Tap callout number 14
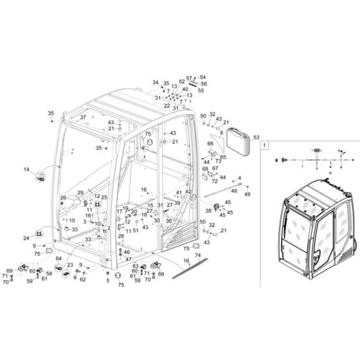(27, 169)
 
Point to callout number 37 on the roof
(82, 118)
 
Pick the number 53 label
(256, 137)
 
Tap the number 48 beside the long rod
(234, 190)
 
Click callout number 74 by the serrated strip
(180, 255)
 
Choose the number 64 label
(59, 259)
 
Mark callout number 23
(70, 264)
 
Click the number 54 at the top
(204, 77)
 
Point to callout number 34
(155, 83)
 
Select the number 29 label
(80, 193)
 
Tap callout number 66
(210, 144)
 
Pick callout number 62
(82, 280)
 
